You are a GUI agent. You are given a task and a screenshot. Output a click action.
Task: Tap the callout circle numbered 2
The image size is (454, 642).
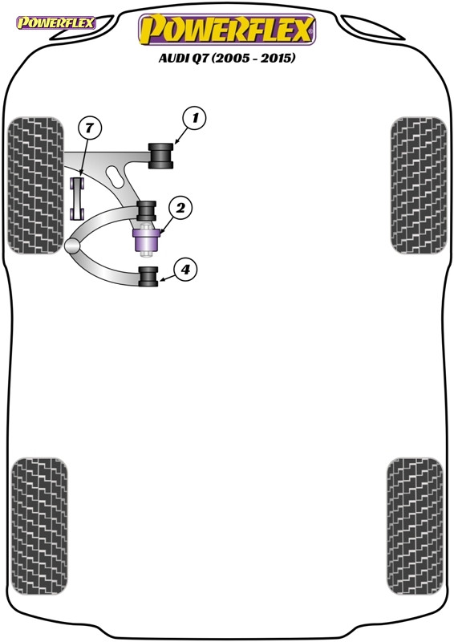click(180, 209)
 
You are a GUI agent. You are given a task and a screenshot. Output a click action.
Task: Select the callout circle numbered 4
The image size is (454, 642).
click(185, 270)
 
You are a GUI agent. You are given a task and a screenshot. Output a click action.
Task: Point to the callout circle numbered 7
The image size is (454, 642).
click(90, 128)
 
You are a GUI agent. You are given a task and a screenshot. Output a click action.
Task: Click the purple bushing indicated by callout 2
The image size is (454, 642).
click(147, 239)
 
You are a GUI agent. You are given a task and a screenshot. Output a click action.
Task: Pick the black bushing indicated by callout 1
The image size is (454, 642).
click(163, 155)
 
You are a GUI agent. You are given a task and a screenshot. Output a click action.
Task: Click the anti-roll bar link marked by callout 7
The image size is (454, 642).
click(79, 197)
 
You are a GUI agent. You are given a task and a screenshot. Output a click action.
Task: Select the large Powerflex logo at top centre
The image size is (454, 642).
click(227, 30)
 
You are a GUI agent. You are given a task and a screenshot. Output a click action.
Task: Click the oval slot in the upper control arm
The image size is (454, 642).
click(113, 173)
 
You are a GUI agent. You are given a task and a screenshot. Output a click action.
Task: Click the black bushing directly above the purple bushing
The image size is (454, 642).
click(146, 210)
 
